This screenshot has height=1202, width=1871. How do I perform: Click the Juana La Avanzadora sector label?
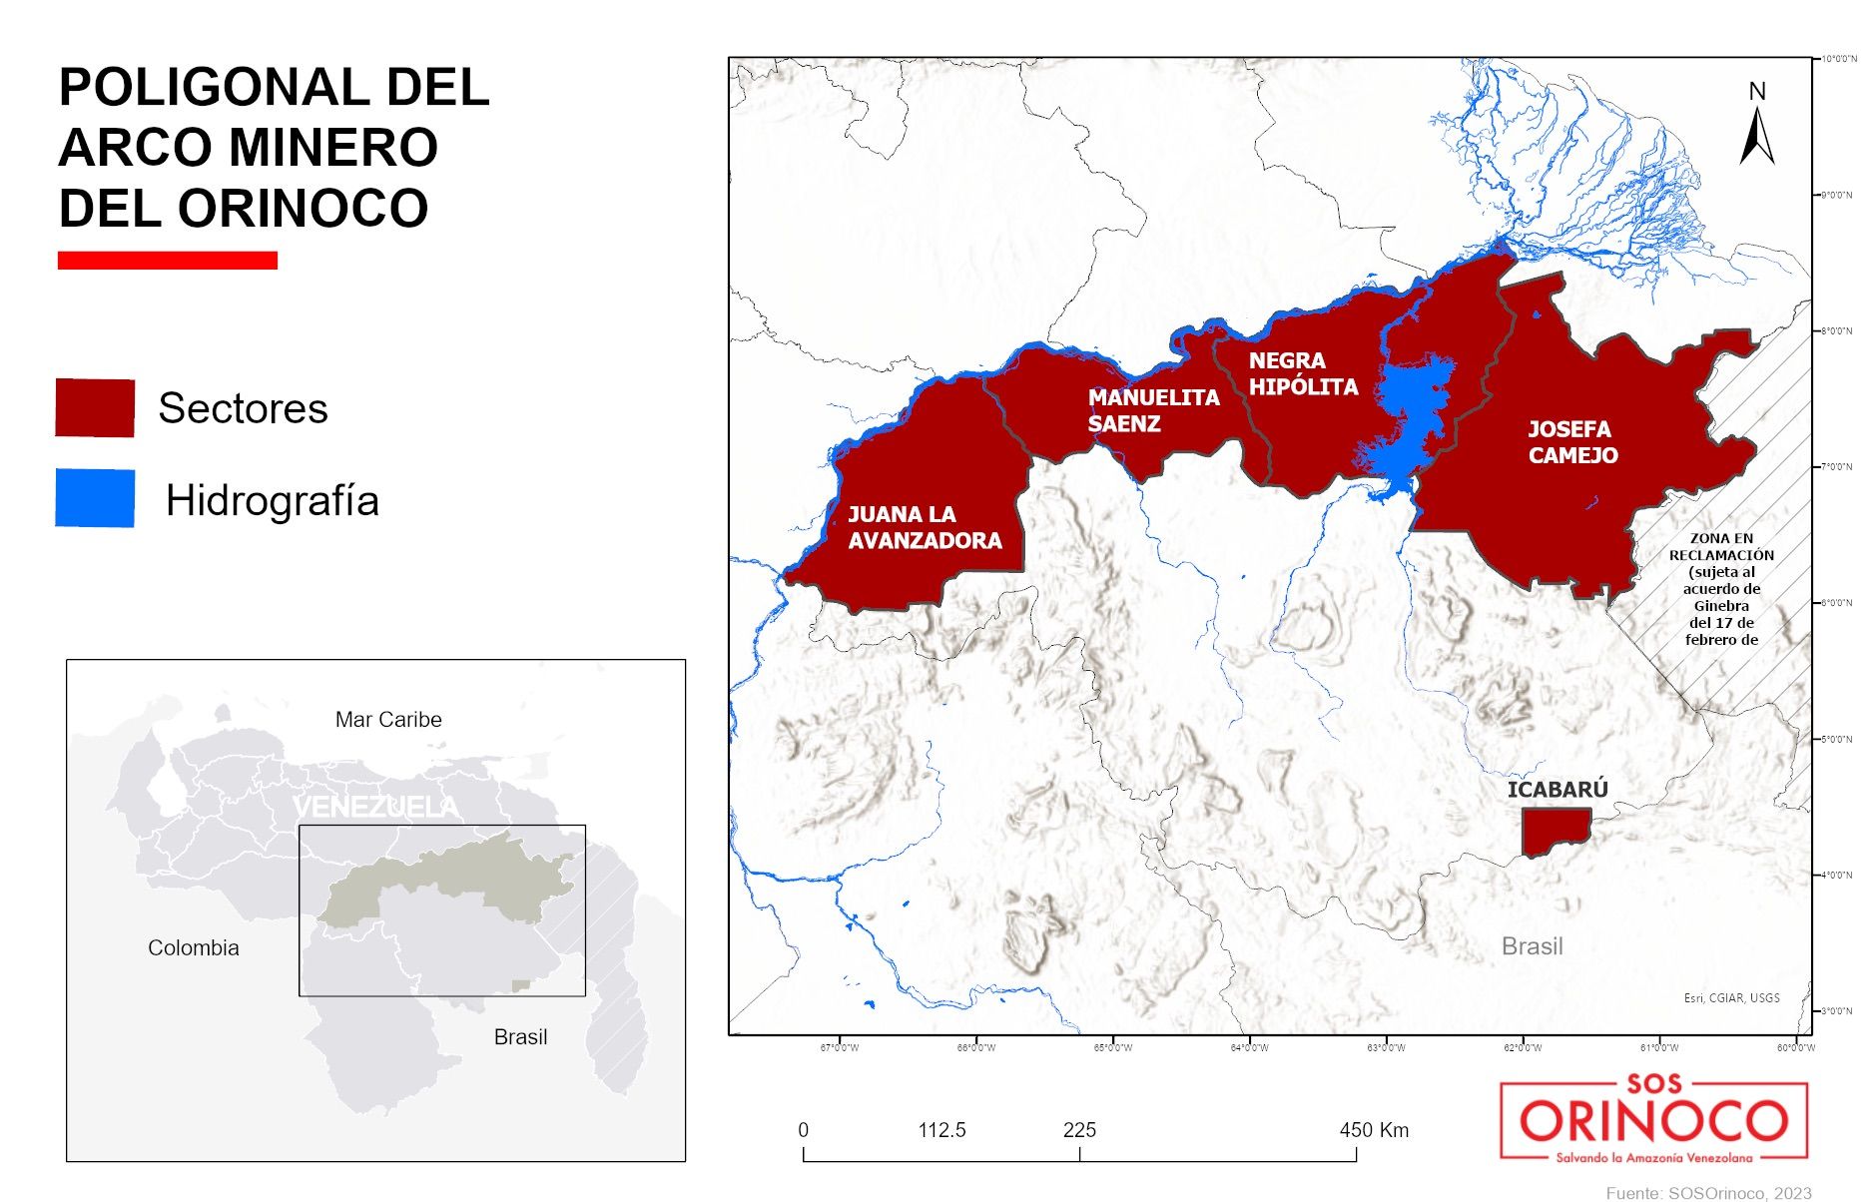[925, 527]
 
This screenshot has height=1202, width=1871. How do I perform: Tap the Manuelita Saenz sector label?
[1153, 410]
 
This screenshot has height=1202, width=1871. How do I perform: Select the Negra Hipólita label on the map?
[1303, 373]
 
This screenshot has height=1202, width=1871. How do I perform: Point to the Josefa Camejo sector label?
[1572, 442]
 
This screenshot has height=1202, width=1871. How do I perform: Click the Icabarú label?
[1558, 790]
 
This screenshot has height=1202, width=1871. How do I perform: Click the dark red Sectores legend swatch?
[95, 407]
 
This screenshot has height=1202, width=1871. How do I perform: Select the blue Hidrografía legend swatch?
[95, 497]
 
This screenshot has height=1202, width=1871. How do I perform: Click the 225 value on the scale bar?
[1079, 1130]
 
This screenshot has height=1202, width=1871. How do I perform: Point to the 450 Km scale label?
[1374, 1130]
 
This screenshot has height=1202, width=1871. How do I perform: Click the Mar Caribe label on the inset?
[388, 720]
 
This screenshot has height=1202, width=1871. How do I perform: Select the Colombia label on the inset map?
[194, 948]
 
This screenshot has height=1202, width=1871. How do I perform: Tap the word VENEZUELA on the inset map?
[376, 807]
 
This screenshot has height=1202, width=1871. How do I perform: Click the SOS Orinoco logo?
[1653, 1118]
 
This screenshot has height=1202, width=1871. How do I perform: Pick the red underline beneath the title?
[168, 261]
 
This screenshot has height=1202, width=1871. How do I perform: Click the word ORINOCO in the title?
[303, 209]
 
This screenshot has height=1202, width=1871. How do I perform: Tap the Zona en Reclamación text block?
[1721, 589]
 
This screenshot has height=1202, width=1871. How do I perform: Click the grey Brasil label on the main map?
[1532, 946]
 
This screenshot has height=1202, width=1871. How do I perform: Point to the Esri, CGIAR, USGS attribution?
[1731, 997]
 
